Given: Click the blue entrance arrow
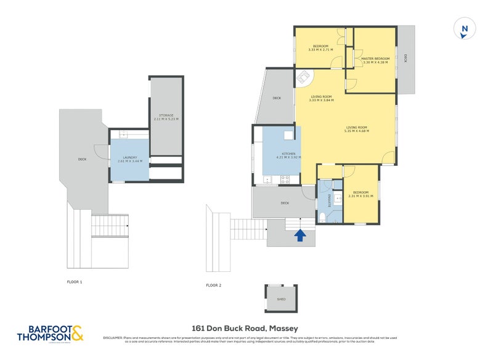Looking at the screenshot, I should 301,235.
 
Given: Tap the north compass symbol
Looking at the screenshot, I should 465,29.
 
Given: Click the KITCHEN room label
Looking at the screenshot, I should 288,153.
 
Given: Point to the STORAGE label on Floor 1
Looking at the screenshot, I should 166,115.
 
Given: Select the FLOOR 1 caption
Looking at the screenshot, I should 75,282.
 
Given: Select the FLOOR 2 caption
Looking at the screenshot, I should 213,285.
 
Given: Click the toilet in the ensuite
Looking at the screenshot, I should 324,215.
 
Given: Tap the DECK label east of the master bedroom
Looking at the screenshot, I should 405,59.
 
